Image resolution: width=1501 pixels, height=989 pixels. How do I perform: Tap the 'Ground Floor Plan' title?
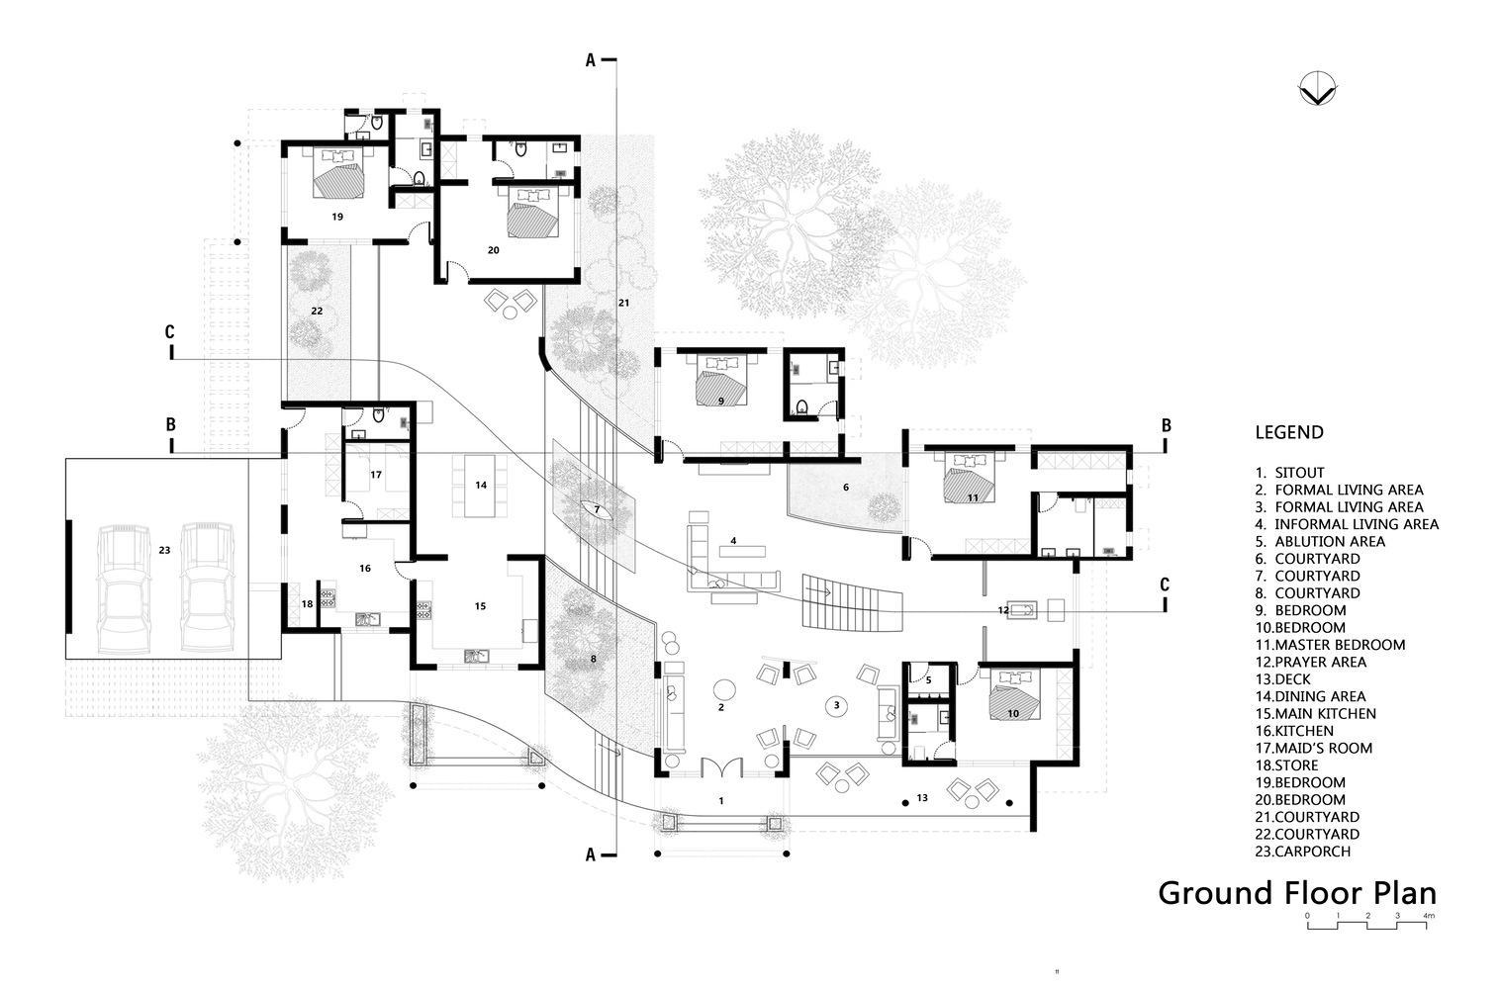click(x=1296, y=892)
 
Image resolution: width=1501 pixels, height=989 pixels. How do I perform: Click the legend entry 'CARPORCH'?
click(x=1311, y=852)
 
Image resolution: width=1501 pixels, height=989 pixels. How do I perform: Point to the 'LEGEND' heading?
click(x=1288, y=432)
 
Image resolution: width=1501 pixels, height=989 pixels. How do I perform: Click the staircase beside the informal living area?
click(x=851, y=600)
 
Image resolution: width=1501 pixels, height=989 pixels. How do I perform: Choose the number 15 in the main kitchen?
click(x=480, y=606)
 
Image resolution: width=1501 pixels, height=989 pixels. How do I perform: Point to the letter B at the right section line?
click(x=1167, y=425)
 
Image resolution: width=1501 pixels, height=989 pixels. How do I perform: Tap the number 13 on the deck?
click(x=922, y=797)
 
